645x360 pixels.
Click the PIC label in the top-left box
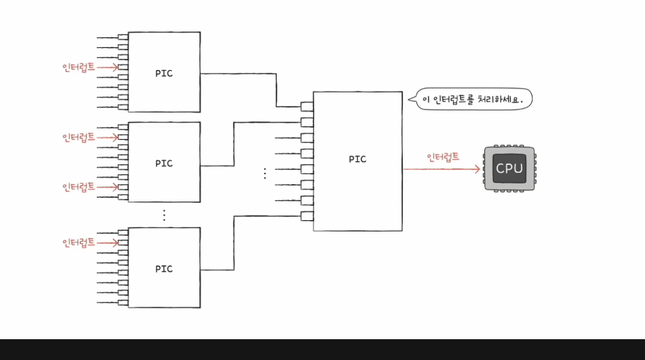164,72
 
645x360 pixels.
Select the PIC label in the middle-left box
164,163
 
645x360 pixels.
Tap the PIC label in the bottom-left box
164,269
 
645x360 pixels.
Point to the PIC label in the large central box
357,159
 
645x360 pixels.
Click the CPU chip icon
510,169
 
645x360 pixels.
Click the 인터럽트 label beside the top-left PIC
78,67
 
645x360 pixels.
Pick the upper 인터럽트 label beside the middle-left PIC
78,136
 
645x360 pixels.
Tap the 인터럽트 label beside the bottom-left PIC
78,242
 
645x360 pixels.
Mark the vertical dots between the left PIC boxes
164,214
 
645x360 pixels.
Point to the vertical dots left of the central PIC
264,173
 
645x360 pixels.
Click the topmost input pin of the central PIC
307,106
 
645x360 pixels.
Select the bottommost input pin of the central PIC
307,217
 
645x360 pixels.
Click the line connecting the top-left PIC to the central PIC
277,90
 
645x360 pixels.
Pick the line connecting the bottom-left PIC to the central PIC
234,244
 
